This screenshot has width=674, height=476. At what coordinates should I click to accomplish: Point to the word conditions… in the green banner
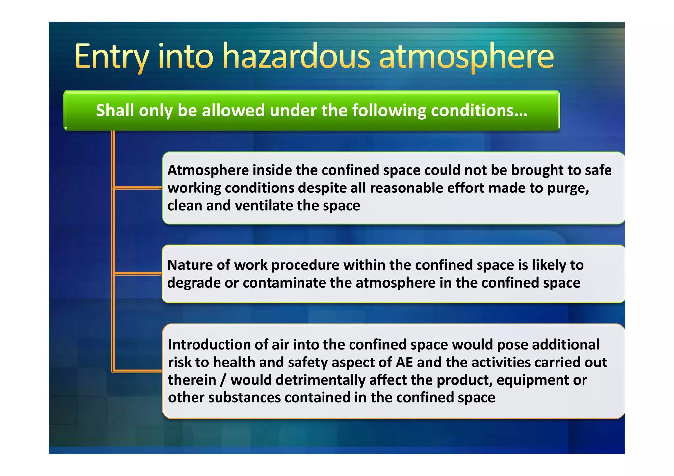[x=479, y=110]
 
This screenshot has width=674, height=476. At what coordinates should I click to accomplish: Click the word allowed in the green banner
[x=233, y=110]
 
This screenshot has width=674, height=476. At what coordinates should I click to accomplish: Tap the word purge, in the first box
[x=568, y=188]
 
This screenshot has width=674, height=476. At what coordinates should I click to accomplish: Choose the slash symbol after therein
[x=223, y=380]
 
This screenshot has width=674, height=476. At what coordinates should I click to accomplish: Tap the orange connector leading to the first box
[x=138, y=188]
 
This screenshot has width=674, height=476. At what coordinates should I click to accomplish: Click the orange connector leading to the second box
[x=138, y=273]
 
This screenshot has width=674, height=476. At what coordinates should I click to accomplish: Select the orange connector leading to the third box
[x=138, y=371]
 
